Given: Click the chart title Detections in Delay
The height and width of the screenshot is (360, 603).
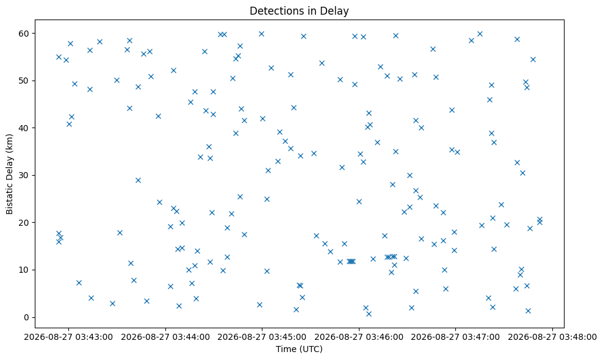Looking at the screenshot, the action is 299,11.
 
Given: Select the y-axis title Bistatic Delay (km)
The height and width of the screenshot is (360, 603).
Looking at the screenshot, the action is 9,174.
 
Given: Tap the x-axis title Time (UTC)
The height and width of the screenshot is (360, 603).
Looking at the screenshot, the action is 299,349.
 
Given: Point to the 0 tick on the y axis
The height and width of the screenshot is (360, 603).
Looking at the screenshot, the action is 27,317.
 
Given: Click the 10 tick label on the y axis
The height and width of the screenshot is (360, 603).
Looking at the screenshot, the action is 24,270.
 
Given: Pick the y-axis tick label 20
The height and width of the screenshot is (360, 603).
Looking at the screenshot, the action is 24,223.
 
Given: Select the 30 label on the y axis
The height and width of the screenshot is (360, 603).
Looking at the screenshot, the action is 24,175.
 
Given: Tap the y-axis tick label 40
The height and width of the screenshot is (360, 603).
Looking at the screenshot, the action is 24,128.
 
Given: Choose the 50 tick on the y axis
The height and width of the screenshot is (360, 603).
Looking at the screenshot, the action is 24,81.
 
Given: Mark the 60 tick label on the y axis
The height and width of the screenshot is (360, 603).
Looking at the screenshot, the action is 24,34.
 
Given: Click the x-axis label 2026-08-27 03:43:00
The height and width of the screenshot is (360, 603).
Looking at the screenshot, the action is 69,337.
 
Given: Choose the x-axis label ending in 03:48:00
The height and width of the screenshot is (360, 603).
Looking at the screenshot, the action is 552,337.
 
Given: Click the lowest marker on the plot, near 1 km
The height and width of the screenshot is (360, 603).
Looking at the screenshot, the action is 369,314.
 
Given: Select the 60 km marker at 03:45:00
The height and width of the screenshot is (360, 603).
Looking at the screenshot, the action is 261,34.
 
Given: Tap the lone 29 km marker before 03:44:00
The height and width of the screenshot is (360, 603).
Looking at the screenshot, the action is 138,181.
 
